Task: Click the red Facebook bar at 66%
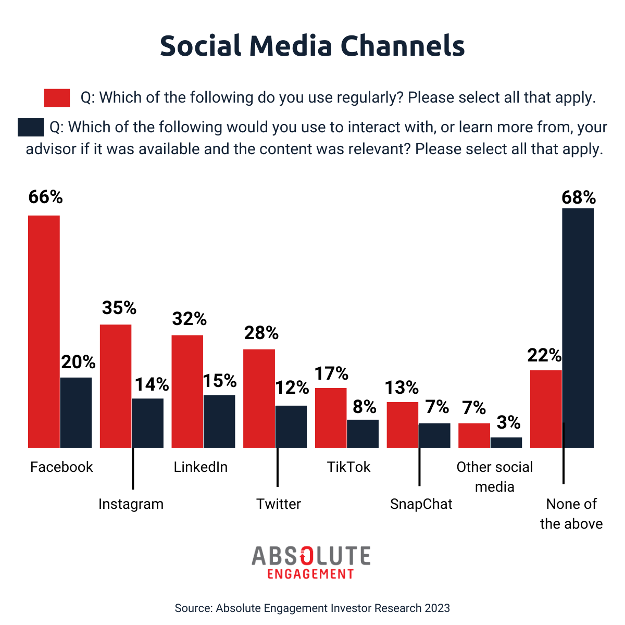(44, 331)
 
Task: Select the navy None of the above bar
(578, 328)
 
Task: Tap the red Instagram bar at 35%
(116, 386)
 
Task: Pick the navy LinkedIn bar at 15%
(219, 421)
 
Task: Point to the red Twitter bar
(259, 398)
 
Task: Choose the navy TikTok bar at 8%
(363, 433)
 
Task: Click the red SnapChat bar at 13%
(403, 424)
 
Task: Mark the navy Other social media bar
(506, 442)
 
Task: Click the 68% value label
(578, 198)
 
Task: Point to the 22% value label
(544, 355)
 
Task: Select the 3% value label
(507, 422)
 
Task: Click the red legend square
(57, 98)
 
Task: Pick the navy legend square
(31, 128)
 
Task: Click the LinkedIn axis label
(201, 467)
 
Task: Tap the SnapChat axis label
(421, 504)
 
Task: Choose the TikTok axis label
(348, 467)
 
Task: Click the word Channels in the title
(403, 46)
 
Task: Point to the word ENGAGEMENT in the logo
(310, 574)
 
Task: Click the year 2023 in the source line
(437, 608)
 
